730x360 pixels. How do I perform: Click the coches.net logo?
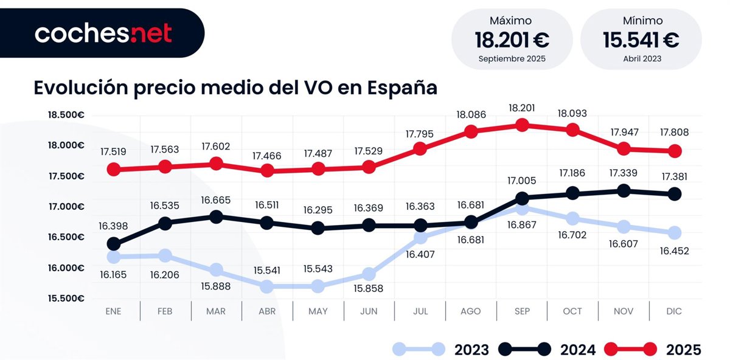click(x=103, y=33)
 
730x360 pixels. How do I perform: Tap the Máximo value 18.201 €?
click(x=512, y=41)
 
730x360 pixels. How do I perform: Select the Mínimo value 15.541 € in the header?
click(x=641, y=41)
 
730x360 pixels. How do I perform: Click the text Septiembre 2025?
click(x=512, y=59)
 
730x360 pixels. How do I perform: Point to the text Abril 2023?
click(x=641, y=59)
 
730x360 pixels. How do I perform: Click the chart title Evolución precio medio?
click(x=235, y=87)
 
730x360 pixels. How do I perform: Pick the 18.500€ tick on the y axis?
click(x=66, y=115)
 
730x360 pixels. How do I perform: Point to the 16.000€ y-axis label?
click(x=66, y=268)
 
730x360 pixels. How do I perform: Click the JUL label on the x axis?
click(x=420, y=311)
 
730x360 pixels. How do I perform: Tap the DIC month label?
click(x=674, y=311)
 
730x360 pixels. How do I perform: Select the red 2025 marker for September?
click(x=521, y=125)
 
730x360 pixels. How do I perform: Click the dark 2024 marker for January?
click(x=114, y=244)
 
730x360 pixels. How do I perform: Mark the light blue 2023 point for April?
click(x=266, y=286)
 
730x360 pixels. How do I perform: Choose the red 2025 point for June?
click(x=369, y=166)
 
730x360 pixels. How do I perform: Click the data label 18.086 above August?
click(x=471, y=113)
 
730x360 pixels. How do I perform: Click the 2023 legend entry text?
click(x=471, y=350)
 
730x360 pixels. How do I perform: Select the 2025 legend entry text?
click(x=683, y=350)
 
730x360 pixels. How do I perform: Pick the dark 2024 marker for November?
click(x=623, y=191)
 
